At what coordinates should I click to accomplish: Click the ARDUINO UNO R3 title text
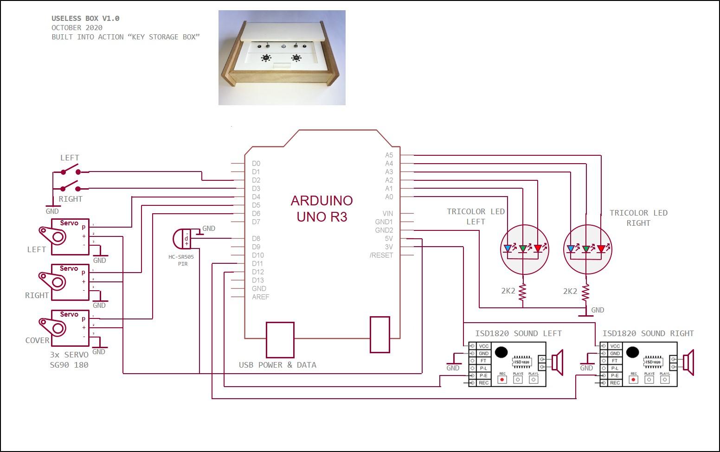coord(321,209)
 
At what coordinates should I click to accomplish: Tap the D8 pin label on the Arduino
coord(256,239)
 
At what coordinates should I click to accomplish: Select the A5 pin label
coord(389,155)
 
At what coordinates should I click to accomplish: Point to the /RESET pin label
coord(381,255)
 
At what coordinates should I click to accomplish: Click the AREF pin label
coord(260,297)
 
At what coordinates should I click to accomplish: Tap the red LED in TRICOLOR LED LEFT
coord(538,249)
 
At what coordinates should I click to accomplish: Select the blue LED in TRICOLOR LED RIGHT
coord(571,249)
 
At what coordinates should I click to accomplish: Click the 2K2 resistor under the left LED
coord(523,292)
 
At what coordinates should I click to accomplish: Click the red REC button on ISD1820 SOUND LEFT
coord(502,380)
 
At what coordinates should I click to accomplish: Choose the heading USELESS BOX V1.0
coord(85,19)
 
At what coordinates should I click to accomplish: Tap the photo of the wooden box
coord(282,58)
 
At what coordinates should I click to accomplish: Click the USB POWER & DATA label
coord(277,365)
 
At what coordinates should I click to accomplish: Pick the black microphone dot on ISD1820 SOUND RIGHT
coord(632,353)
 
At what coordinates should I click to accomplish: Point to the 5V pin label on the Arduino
coord(389,239)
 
